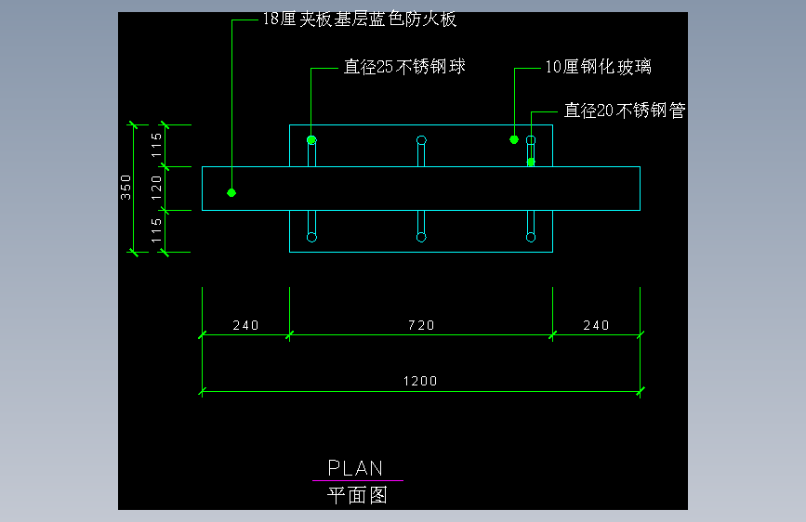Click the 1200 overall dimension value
[x=420, y=381]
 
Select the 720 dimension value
[x=420, y=325]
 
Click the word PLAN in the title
[x=355, y=468]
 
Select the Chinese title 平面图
[x=357, y=495]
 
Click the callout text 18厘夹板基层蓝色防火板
[x=359, y=20]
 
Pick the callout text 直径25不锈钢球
[x=404, y=67]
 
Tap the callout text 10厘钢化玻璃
[x=598, y=67]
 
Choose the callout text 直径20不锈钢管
[x=625, y=111]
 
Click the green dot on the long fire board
[x=231, y=192]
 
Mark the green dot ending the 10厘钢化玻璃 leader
[x=514, y=139]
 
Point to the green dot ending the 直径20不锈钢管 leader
[x=531, y=162]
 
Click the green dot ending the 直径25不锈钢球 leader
[x=311, y=140]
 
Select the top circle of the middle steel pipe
[x=421, y=140]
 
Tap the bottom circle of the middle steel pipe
[x=421, y=237]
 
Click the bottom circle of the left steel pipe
[x=311, y=237]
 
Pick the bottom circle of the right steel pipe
[x=531, y=237]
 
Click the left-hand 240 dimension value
[x=245, y=325]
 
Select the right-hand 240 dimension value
[x=596, y=325]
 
